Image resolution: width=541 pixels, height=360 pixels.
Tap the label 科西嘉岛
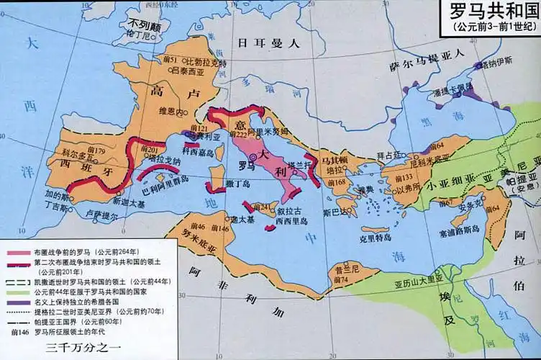pyautogui.click(x=198, y=152)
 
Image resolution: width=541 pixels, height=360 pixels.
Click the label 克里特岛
pyautogui.click(x=375, y=237)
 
